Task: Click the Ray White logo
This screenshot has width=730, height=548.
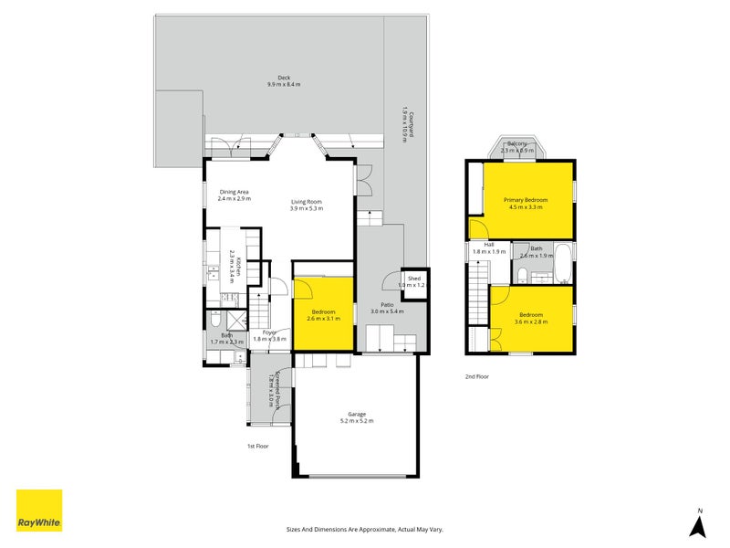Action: (39, 511)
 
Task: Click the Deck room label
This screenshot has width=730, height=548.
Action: (284, 78)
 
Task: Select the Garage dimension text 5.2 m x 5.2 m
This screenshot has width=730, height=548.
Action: (355, 421)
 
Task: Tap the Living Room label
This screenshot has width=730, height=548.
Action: (307, 202)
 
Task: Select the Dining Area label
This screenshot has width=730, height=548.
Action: (234, 191)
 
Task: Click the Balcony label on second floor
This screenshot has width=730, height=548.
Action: (518, 143)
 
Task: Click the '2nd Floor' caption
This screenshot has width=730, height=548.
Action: (477, 375)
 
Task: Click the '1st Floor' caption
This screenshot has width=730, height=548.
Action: (258, 446)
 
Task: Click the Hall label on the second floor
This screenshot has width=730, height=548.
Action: (488, 245)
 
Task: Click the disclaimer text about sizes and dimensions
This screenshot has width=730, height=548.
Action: (365, 529)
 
